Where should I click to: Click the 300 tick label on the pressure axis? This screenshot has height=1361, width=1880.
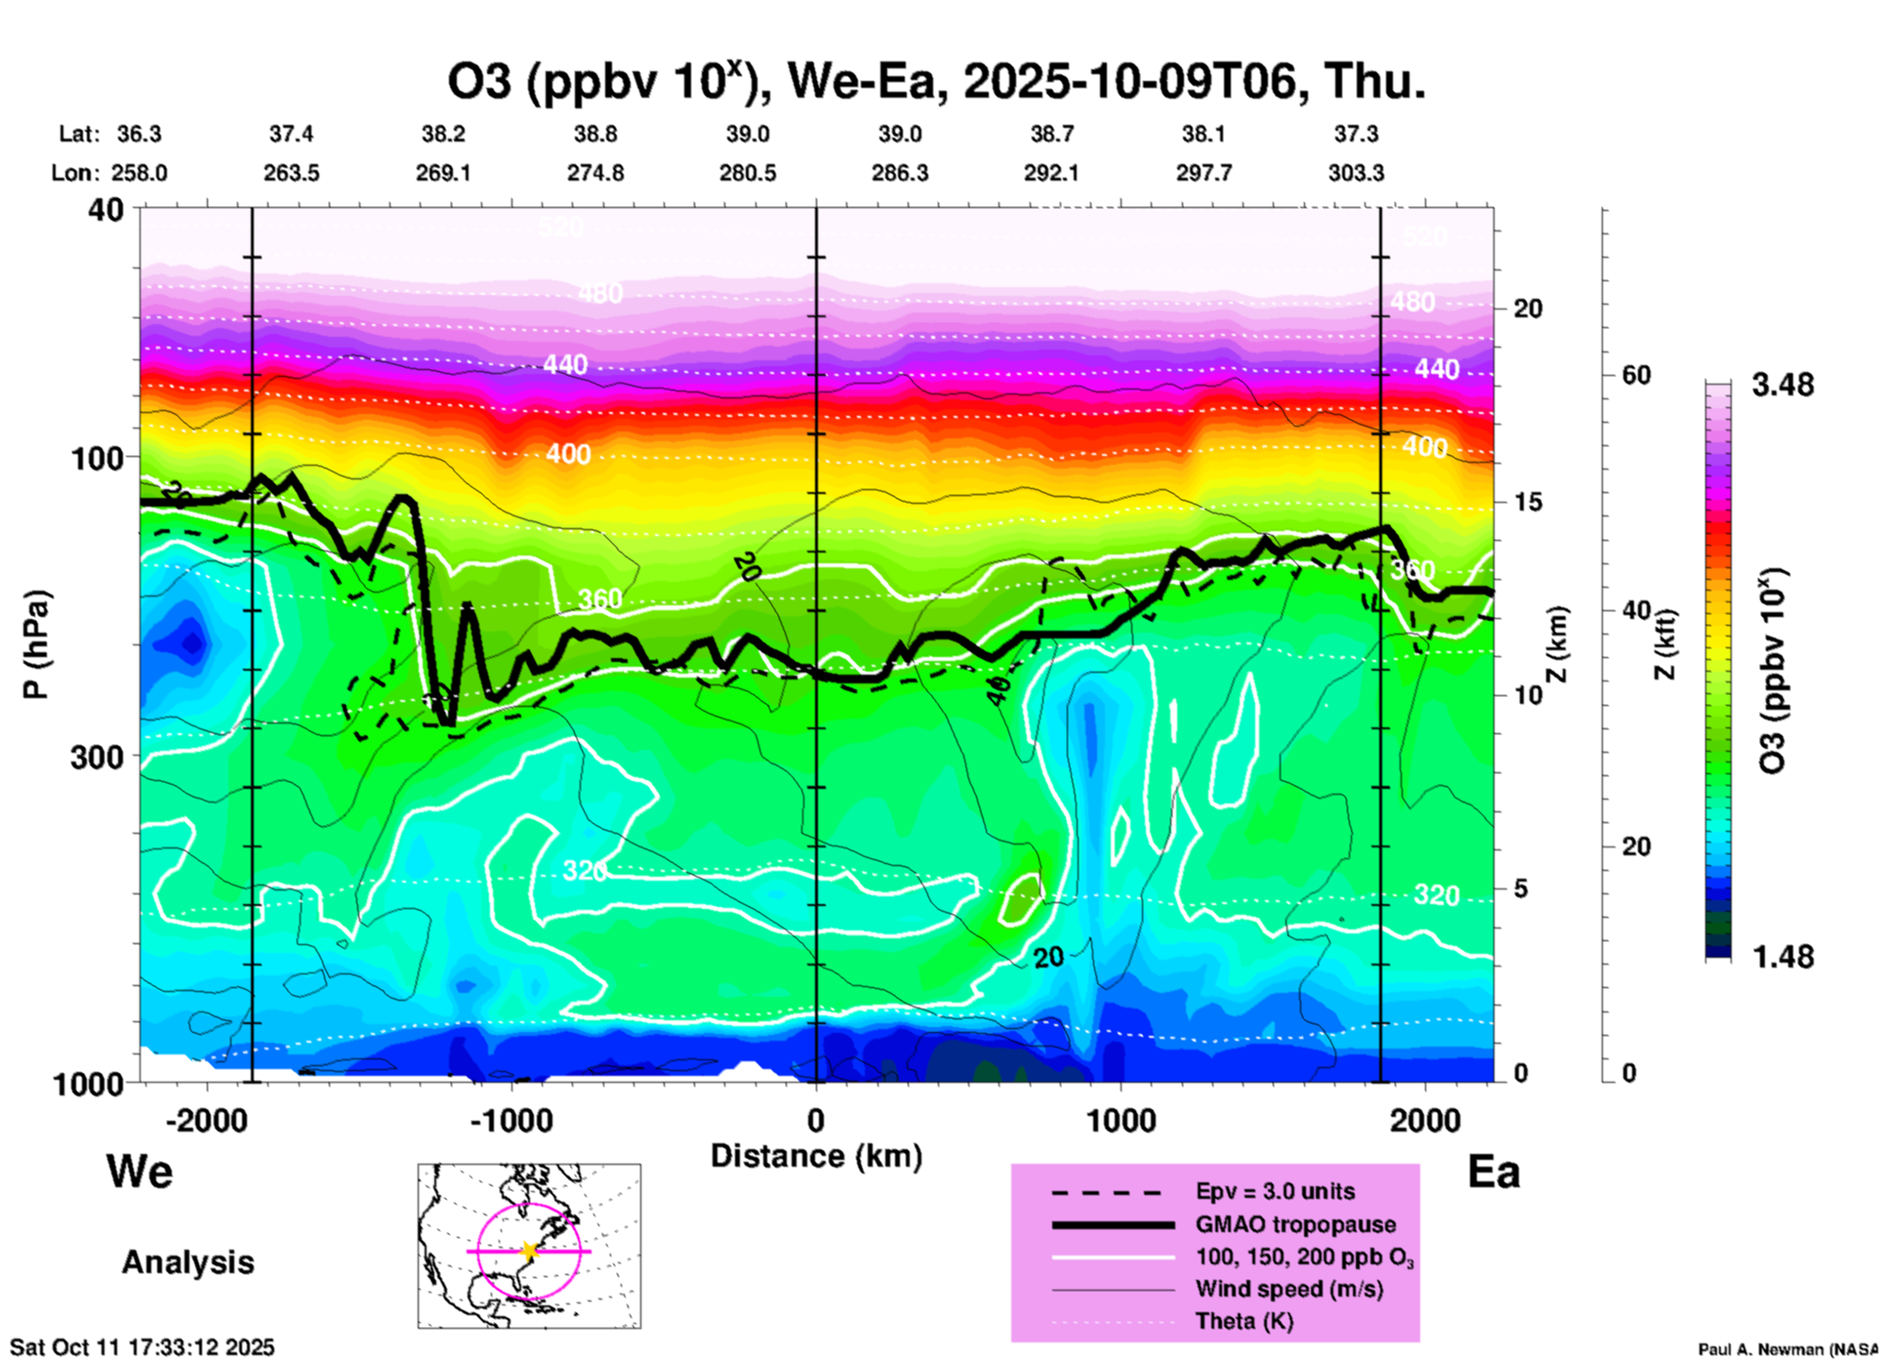pos(98,757)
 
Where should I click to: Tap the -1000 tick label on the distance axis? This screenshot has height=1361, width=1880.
pos(511,1120)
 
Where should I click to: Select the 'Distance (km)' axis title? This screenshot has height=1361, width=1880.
pos(816,1156)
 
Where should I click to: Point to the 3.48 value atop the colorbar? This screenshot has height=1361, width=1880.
pos(1782,385)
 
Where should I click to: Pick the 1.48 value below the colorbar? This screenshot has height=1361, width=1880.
pos(1782,956)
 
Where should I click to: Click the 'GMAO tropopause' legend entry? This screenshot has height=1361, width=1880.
pos(1295,1224)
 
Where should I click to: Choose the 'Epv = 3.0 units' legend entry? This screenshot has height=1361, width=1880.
pos(1275,1191)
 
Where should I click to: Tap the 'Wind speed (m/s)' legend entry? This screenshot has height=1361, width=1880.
pos(1288,1289)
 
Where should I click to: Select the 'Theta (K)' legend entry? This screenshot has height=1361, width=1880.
pos(1244,1321)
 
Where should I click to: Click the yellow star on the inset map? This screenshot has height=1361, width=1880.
pos(529,1251)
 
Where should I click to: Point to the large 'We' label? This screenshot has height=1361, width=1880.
pos(140,1171)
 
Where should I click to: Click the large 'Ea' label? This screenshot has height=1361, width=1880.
pos(1493,1172)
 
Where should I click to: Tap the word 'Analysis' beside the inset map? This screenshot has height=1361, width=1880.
pos(187,1261)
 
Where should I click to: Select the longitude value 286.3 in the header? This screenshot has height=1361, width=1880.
pos(899,173)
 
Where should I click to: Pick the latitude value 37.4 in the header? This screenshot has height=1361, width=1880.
pos(291,134)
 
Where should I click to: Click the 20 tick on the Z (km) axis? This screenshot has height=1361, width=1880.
pos(1528,309)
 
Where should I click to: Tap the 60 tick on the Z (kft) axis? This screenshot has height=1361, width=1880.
pos(1636,375)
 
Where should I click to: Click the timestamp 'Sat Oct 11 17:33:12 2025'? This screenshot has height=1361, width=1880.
pos(143,1347)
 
